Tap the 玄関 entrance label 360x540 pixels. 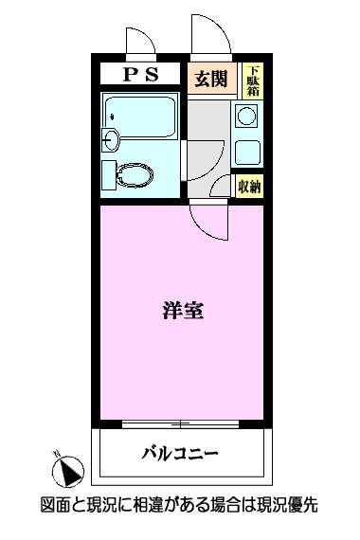[x=211, y=79]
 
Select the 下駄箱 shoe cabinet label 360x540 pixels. [x=253, y=80]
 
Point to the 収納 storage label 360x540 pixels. [x=250, y=186]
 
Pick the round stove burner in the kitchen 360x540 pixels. [x=247, y=117]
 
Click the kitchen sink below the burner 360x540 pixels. [x=247, y=152]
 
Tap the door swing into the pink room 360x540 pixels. [x=207, y=220]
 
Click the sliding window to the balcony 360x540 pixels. [x=179, y=422]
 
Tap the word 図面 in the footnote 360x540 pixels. [x=57, y=507]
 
